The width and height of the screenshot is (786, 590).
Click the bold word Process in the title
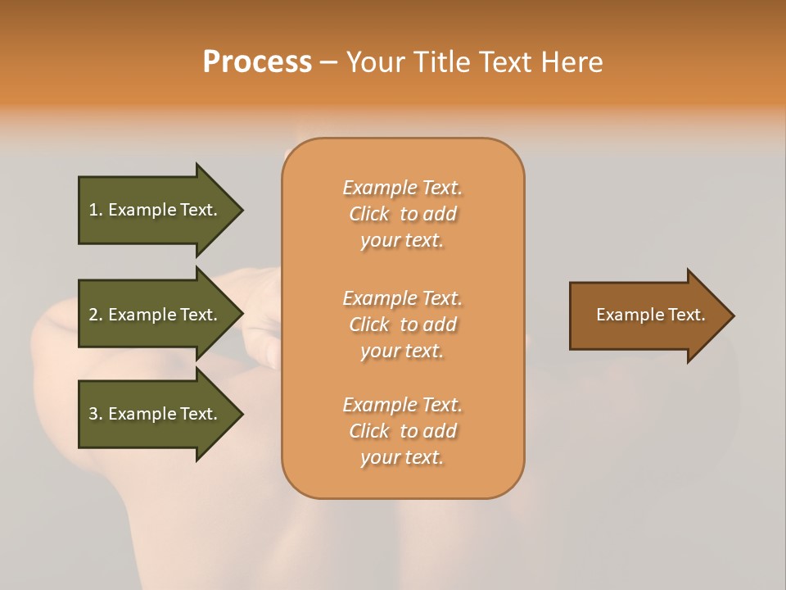257,62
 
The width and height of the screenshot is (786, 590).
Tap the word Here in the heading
571,62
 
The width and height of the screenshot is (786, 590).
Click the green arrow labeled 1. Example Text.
156,210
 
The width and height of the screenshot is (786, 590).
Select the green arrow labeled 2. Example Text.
156,315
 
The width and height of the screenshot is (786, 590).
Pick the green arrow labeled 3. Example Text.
156,414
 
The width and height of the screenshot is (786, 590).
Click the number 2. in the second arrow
96,315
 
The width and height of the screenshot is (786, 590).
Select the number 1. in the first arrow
96,210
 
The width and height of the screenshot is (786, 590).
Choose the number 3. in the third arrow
96,414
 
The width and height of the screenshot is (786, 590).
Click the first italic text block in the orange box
402,214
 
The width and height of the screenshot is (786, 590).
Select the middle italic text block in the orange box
402,324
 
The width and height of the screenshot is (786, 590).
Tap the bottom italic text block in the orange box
402,431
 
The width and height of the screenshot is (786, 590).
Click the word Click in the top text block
368,214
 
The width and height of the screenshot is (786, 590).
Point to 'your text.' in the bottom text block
402,457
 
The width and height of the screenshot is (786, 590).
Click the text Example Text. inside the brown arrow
650,315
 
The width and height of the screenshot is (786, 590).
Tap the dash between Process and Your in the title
328,63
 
